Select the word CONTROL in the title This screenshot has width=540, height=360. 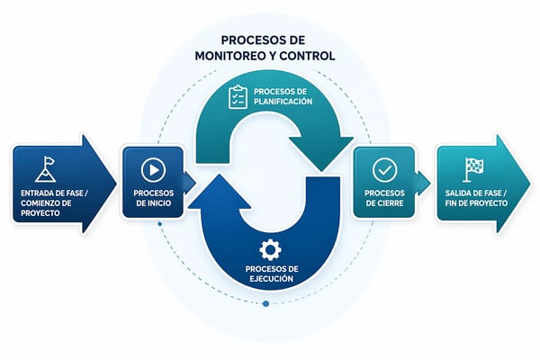(x=308, y=56)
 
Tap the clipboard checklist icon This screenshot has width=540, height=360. (x=238, y=96)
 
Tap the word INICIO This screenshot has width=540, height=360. (x=170, y=203)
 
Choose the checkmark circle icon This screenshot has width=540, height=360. (x=383, y=168)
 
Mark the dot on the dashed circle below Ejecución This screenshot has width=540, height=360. (x=265, y=303)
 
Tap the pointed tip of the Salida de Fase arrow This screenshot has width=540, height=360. (x=531, y=184)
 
